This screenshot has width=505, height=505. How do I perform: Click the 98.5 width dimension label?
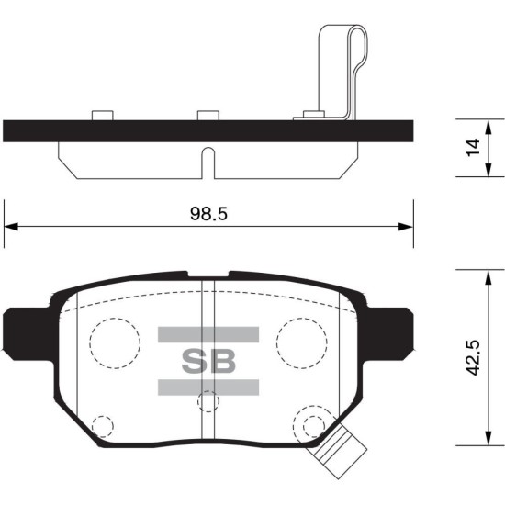208,213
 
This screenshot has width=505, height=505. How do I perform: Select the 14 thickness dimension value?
473,148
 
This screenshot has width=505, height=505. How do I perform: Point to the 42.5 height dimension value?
473,357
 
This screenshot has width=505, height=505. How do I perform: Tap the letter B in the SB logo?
223,361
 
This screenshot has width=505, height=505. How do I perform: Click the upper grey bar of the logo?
208,334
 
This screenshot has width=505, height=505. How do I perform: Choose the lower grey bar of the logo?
208,387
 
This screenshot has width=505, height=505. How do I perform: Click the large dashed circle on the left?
115,343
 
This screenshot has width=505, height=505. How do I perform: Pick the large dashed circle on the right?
302,343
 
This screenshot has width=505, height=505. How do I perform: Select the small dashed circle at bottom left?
103,426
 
